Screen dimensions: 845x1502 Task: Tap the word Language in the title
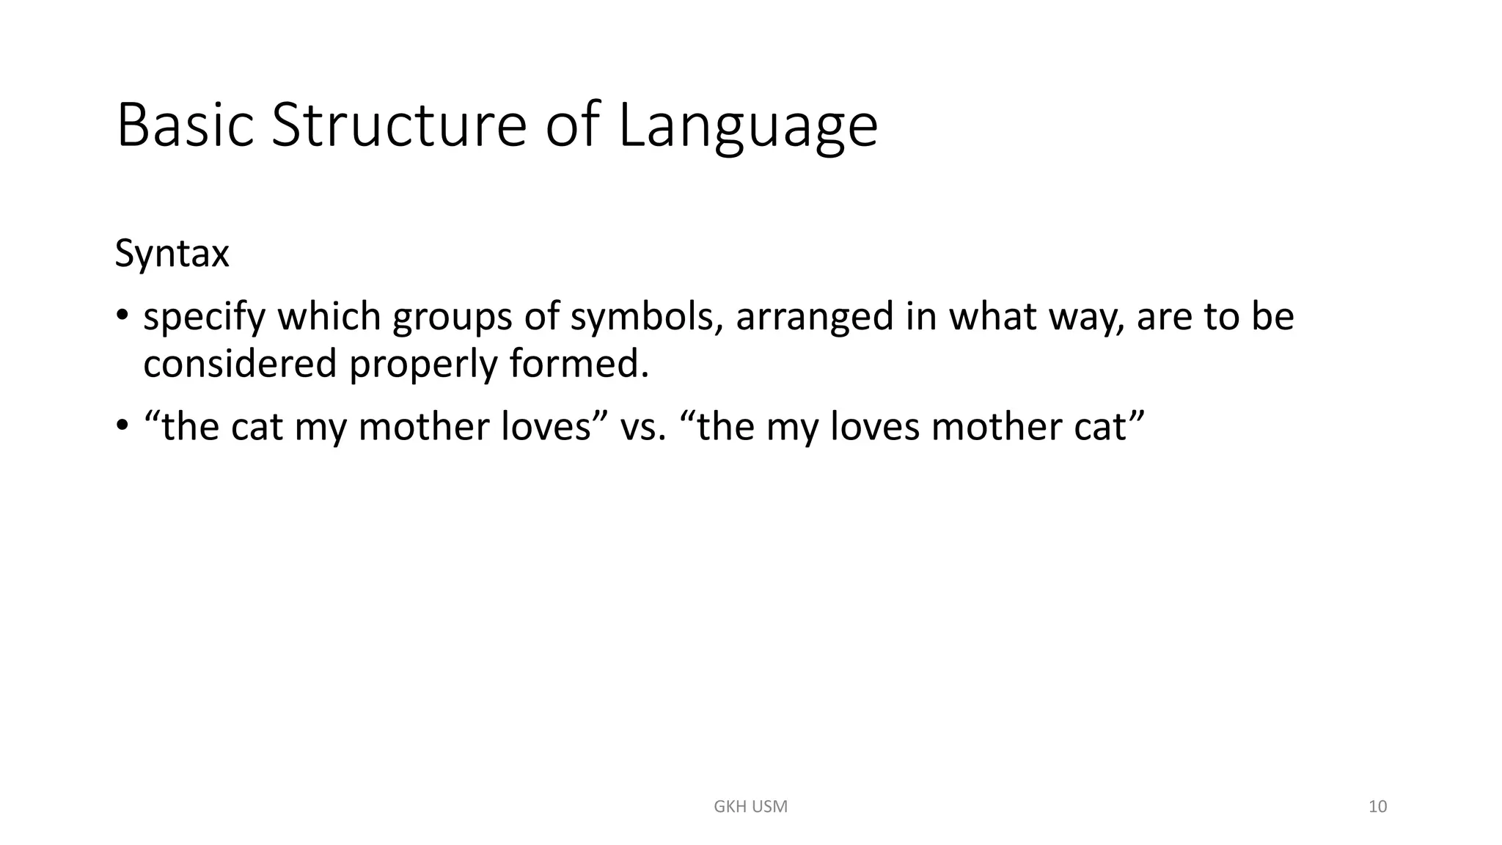coord(747,126)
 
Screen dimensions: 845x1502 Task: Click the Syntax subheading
coord(172,255)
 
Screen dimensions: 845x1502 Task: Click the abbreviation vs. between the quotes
coord(642,427)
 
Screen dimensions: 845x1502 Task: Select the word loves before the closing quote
coord(546,427)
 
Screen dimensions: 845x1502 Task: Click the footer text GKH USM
coord(750,807)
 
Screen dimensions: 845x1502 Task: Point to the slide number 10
coord(1377,807)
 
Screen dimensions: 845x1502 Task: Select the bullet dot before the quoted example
coord(122,426)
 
